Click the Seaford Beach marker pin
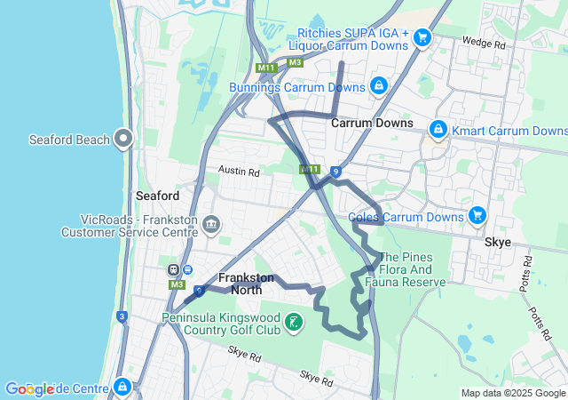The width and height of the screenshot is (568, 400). pyautogui.click(x=123, y=139)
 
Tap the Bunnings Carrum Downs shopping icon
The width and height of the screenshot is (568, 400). pyautogui.click(x=379, y=86)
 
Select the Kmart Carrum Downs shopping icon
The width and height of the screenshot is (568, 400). pyautogui.click(x=438, y=131)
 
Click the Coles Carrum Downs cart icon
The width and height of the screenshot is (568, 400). pyautogui.click(x=477, y=216)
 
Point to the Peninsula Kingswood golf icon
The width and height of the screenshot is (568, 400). pyautogui.click(x=295, y=321)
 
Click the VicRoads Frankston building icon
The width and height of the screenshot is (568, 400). pyautogui.click(x=211, y=223)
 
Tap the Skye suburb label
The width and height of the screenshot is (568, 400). pyautogui.click(x=498, y=241)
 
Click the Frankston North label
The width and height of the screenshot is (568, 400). pyautogui.click(x=247, y=284)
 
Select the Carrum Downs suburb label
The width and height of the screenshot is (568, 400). pyautogui.click(x=372, y=124)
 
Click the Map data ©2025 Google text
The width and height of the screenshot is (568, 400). pyautogui.click(x=513, y=393)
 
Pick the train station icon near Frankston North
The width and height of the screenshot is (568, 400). pyautogui.click(x=176, y=270)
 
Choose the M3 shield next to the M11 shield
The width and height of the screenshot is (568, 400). pyautogui.click(x=295, y=62)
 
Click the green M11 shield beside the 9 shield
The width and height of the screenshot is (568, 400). pyautogui.click(x=310, y=169)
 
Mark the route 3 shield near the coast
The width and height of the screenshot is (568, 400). pyautogui.click(x=122, y=316)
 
